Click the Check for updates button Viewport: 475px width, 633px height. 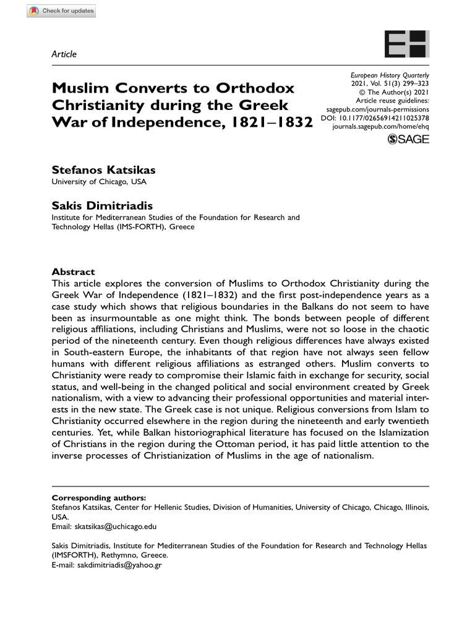pyautogui.click(x=62, y=12)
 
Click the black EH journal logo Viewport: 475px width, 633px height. pyautogui.click(x=406, y=45)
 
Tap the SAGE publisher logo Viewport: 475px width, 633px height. pyautogui.click(x=408, y=140)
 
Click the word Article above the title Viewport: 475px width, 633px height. pyautogui.click(x=64, y=54)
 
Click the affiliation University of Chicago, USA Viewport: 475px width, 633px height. pyautogui.click(x=99, y=182)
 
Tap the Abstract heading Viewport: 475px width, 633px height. pyautogui.click(x=73, y=272)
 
